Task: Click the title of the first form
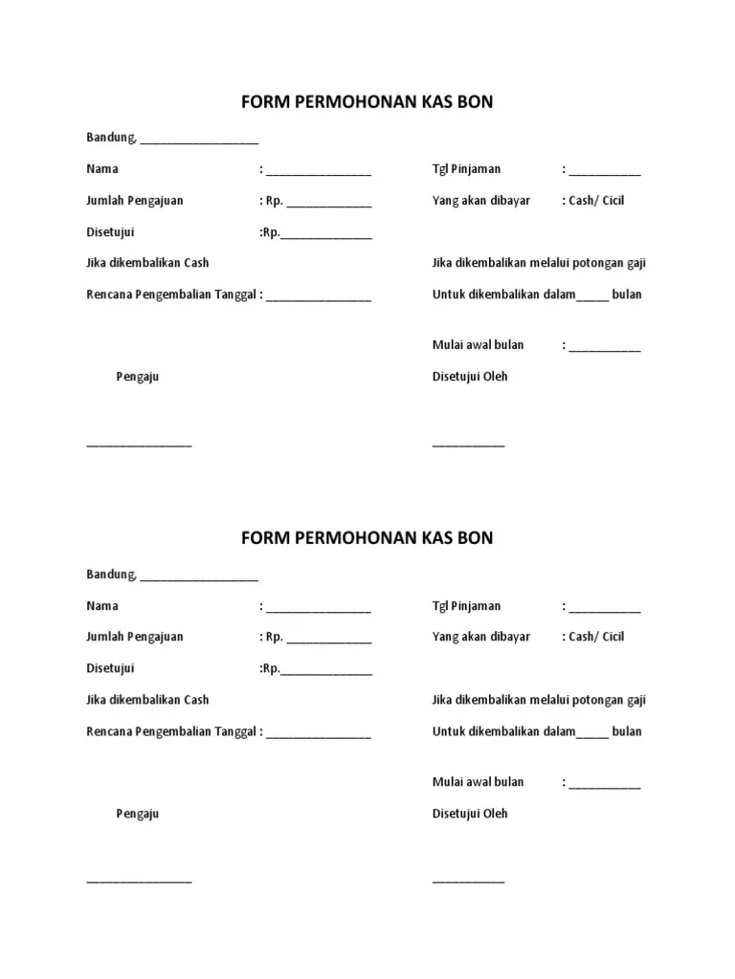click(x=367, y=101)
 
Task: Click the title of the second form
click(x=367, y=538)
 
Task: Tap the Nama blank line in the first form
click(x=319, y=173)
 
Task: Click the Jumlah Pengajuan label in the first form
click(x=135, y=201)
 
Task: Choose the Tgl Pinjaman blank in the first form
click(x=605, y=173)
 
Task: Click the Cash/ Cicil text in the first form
click(x=596, y=201)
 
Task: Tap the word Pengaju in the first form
click(x=137, y=377)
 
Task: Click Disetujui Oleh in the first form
click(x=470, y=377)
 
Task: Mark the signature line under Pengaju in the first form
click(x=139, y=445)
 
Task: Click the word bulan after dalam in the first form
click(x=627, y=294)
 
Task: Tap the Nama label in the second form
click(x=102, y=606)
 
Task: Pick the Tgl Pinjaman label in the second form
click(x=466, y=606)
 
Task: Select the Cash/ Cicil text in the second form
click(x=596, y=637)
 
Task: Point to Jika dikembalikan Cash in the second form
click(x=147, y=700)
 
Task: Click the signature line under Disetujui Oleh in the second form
click(x=468, y=881)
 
